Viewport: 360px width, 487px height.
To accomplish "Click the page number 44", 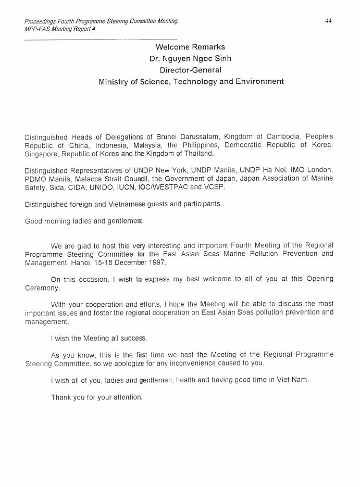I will click(x=328, y=21).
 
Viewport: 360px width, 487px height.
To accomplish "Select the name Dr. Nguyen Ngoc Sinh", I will click(x=190, y=59).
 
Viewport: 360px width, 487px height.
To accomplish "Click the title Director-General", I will click(x=190, y=70).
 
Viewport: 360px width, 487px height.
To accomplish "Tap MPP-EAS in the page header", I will click(x=38, y=29).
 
